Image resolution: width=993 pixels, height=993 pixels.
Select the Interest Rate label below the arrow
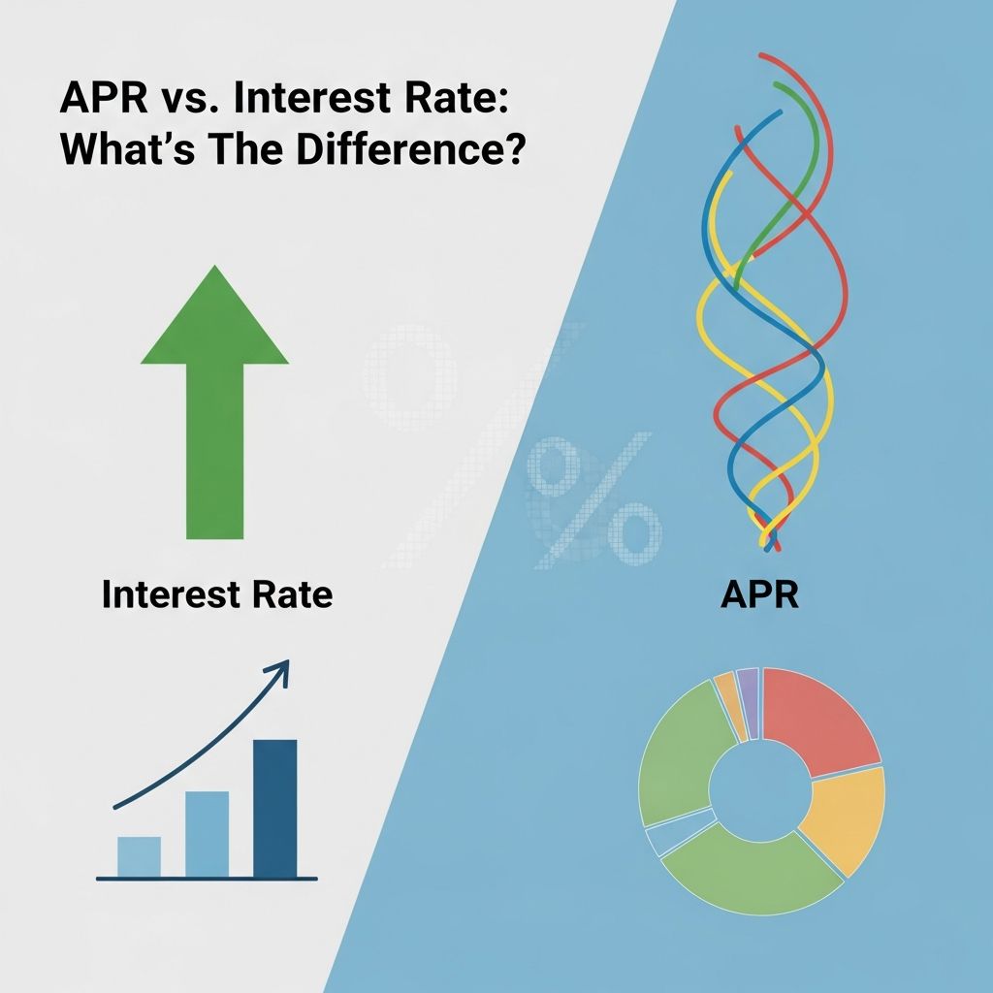pos(216,594)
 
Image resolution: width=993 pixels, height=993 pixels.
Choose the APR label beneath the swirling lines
pos(759,594)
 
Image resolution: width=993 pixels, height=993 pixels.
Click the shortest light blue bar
pos(139,856)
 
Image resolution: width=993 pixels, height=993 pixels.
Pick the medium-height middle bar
pos(207,834)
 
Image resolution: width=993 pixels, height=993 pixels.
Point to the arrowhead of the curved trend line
pos(282,668)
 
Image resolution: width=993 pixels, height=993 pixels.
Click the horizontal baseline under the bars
pos(207,879)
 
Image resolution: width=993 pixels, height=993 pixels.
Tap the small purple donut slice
pos(747,690)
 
